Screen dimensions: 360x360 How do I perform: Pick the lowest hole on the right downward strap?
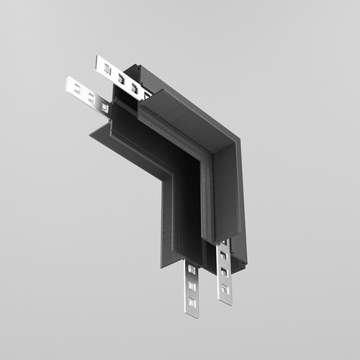click(225, 289)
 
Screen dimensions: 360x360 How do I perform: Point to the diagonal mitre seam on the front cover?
click(216, 148)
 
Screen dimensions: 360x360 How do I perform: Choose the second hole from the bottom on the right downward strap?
click(225, 273)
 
